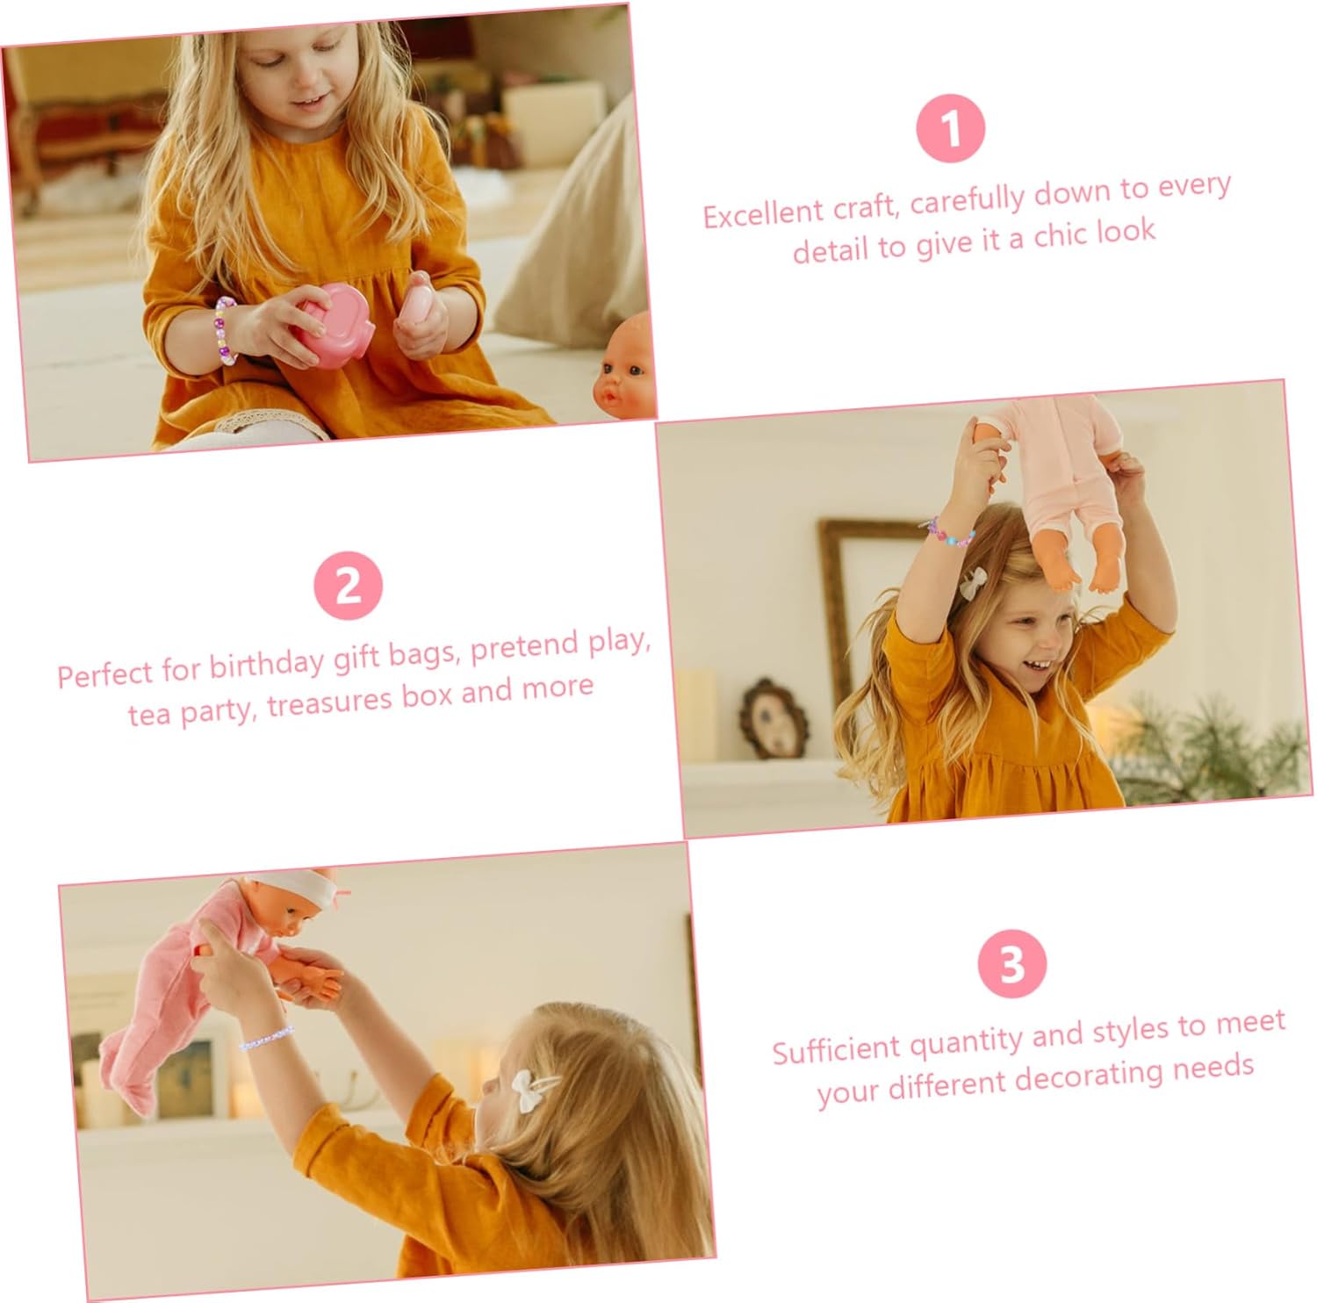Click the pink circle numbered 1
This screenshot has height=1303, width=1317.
click(x=951, y=128)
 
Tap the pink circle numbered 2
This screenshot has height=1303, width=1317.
click(x=349, y=585)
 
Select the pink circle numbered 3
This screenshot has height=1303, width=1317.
click(x=1012, y=963)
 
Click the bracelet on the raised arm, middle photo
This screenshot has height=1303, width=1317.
click(x=948, y=529)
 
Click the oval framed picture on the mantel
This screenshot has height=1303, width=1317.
click(x=774, y=721)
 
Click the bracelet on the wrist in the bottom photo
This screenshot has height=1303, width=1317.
click(x=266, y=1038)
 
